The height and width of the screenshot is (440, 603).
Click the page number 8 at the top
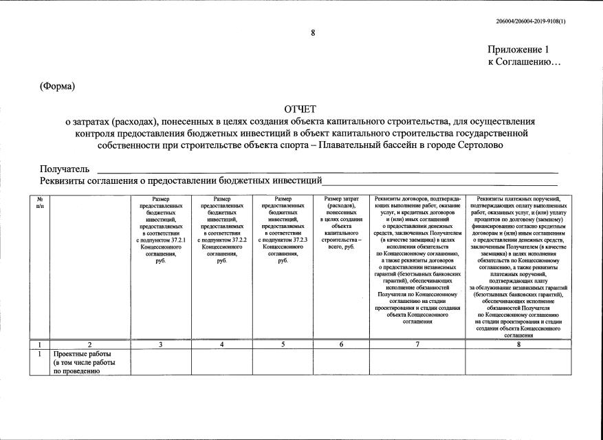pos(312,33)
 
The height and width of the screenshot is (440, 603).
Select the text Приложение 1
pos(518,50)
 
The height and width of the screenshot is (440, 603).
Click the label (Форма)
pos(57,86)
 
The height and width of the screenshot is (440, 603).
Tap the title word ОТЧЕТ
pos(300,109)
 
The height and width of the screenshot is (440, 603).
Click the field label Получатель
pos(65,169)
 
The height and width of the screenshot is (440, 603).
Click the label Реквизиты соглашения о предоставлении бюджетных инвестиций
pos(181,180)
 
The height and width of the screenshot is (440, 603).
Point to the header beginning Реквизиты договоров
pos(418,260)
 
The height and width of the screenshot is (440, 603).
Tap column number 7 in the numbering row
pos(417,344)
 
